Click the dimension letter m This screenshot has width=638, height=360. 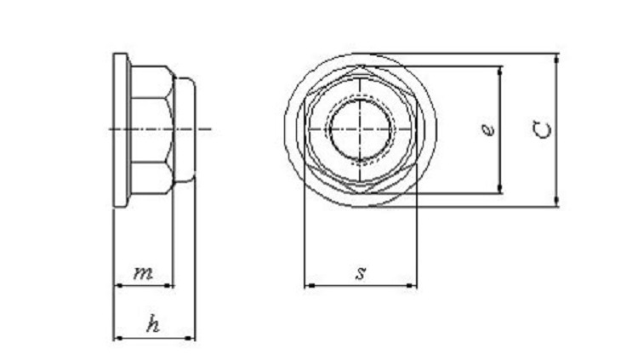click(143, 273)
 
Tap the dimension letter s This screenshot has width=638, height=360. click(361, 273)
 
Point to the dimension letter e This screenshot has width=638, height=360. click(486, 129)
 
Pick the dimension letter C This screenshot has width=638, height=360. click(544, 129)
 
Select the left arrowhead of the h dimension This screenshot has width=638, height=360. click(117, 338)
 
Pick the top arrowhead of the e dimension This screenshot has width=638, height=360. click(501, 70)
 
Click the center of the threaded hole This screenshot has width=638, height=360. click(361, 129)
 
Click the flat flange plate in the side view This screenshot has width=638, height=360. click(118, 129)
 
